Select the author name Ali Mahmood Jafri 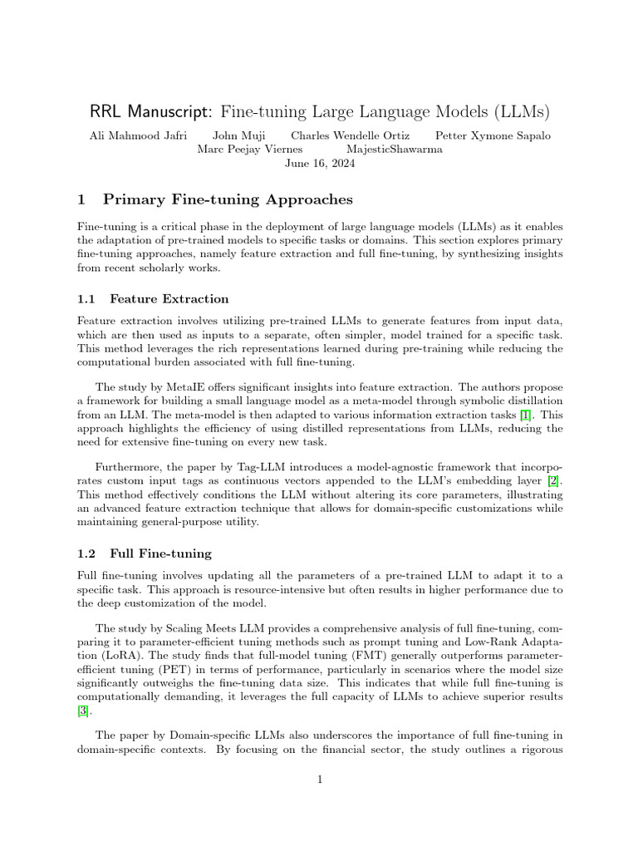(x=138, y=135)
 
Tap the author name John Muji (x=238, y=135)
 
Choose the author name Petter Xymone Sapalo (x=492, y=135)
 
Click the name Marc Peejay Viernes (x=249, y=150)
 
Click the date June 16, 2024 (x=319, y=164)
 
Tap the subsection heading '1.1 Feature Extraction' (x=153, y=298)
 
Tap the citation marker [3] (x=83, y=711)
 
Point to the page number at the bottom (x=319, y=780)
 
